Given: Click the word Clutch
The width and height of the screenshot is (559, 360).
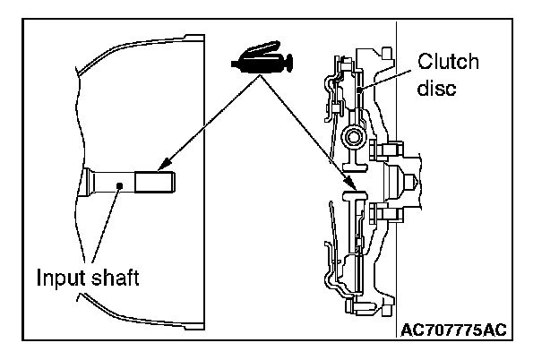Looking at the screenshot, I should coord(448,62).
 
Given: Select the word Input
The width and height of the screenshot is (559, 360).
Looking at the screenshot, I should coord(59,278).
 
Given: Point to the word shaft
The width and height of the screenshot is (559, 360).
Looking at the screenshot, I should coord(116,278).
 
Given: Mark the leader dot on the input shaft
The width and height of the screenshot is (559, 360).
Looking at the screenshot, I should coord(119,186).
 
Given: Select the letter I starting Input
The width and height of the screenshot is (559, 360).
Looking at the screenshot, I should coord(39,278).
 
